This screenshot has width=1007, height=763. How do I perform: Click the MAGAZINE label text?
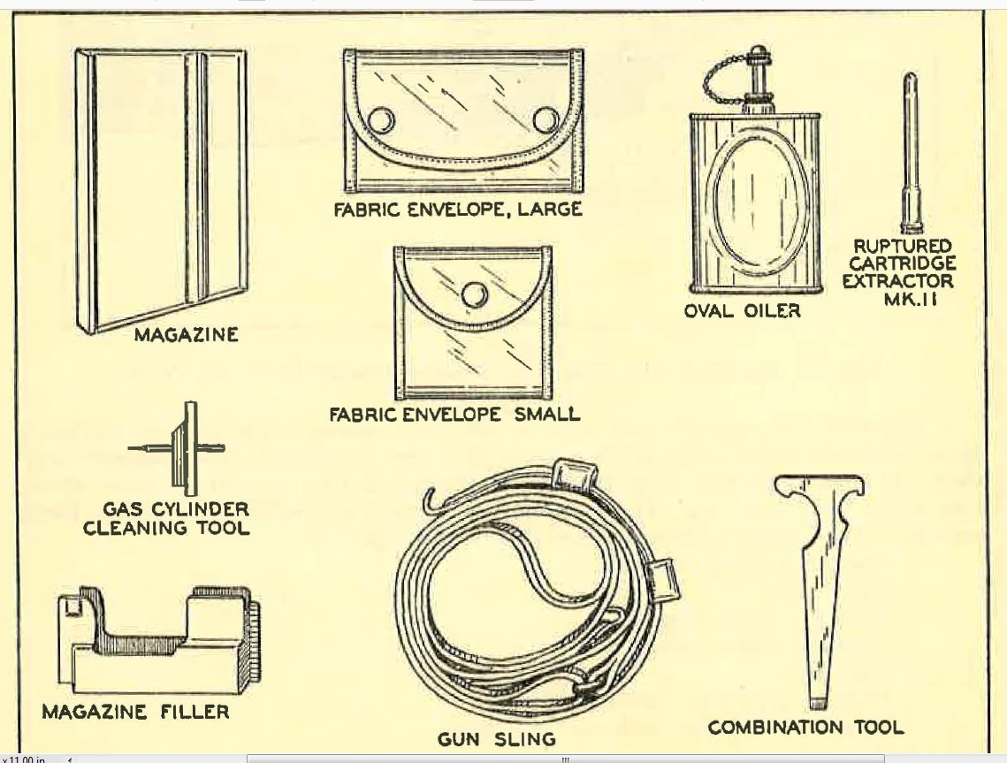(x=186, y=335)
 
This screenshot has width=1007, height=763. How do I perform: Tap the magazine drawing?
(x=159, y=190)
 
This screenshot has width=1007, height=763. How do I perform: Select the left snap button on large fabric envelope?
(x=380, y=119)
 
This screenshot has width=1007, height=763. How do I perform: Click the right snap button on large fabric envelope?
(x=545, y=119)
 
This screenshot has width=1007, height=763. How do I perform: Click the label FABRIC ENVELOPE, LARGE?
(x=457, y=210)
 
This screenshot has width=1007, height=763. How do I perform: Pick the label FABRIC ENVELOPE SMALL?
(x=454, y=414)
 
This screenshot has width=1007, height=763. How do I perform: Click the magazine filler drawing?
(x=159, y=641)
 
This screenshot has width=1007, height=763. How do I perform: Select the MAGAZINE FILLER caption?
(x=135, y=711)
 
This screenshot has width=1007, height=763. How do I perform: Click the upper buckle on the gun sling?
(x=567, y=475)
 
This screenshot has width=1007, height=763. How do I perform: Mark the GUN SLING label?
(x=496, y=739)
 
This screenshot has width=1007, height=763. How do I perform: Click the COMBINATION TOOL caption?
(x=805, y=728)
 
